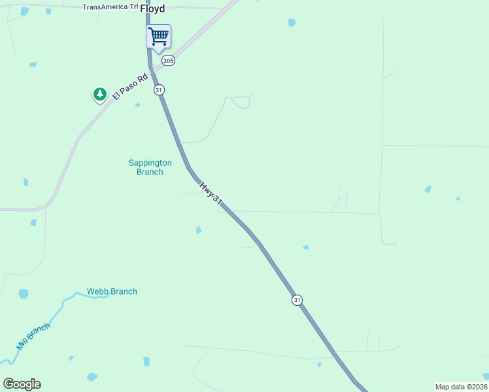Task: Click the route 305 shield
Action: [x=168, y=61]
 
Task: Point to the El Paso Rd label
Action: [x=126, y=85]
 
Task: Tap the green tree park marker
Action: [x=99, y=95]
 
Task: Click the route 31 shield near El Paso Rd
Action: [x=159, y=90]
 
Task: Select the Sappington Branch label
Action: [x=150, y=167]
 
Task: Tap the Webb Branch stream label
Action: [x=112, y=291]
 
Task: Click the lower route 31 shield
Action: [x=297, y=300]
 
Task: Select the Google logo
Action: [x=22, y=384]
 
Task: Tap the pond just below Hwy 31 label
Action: [x=198, y=230]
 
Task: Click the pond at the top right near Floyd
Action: [x=292, y=22]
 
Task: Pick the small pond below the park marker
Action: [x=137, y=105]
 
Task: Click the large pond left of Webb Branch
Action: [x=24, y=294]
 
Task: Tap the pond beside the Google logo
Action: [x=92, y=377]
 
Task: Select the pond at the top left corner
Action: [x=24, y=11]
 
